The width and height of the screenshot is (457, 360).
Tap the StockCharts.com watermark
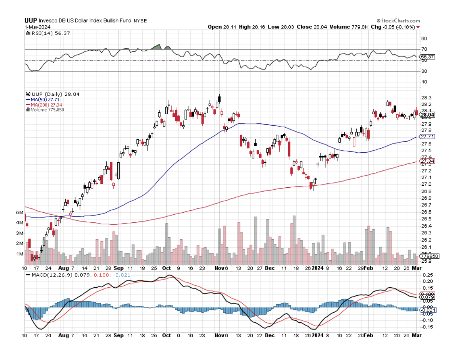click(x=398, y=21)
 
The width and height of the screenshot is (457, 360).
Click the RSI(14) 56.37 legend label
click(x=45, y=33)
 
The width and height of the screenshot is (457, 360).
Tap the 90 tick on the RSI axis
click(x=424, y=38)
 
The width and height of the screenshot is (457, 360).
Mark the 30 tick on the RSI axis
click(x=424, y=71)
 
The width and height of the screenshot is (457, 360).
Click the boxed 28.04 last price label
click(x=427, y=115)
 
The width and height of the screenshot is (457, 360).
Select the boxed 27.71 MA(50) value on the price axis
click(x=427, y=137)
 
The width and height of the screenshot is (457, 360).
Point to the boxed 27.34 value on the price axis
click(x=427, y=161)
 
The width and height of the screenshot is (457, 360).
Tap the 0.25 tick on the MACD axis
click(x=426, y=275)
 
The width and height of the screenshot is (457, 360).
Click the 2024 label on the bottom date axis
click(x=318, y=335)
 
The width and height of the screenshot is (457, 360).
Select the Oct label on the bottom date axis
click(x=167, y=335)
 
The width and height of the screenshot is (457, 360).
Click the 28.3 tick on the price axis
click(x=426, y=98)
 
